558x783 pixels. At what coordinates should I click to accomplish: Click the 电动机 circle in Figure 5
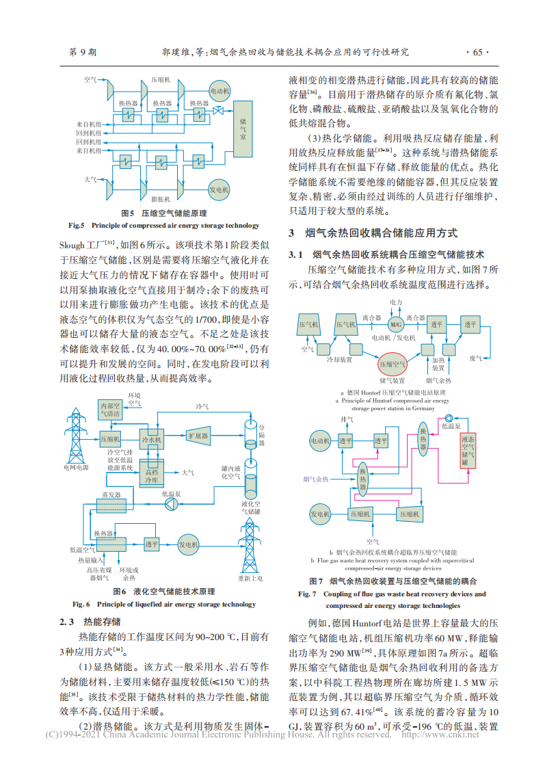[220, 90]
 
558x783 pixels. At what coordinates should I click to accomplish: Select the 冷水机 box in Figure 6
[151, 439]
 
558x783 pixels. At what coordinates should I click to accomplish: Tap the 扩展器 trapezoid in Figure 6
[198, 436]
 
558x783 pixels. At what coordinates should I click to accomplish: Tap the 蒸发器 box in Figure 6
[109, 505]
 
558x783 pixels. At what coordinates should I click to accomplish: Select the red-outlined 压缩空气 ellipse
[393, 364]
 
